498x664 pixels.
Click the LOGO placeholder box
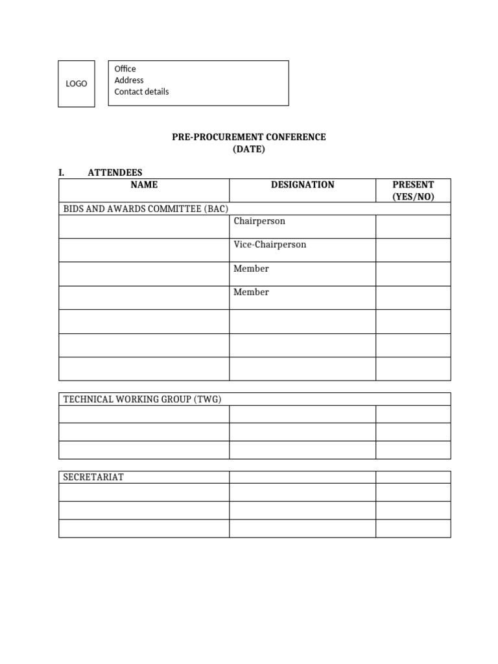pos(77,84)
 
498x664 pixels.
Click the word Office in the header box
pos(125,69)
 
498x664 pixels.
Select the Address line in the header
pos(129,80)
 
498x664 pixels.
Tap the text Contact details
pos(141,91)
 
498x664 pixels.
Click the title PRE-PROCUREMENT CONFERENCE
pos(249,137)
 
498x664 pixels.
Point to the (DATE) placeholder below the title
pos(249,149)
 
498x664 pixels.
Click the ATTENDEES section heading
pos(115,172)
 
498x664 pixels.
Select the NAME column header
pos(144,185)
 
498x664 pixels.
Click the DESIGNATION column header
pos(302,185)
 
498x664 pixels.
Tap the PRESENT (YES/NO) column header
pos(413,191)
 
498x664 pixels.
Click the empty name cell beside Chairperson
pos(144,226)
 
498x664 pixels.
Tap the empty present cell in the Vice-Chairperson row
pos(413,250)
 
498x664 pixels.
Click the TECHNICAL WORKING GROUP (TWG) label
pos(142,399)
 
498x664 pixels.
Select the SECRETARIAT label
pos(93,477)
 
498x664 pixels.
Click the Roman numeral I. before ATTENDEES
pos(62,172)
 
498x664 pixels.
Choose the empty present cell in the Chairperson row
pos(413,226)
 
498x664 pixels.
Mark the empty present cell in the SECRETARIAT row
pos(413,477)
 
